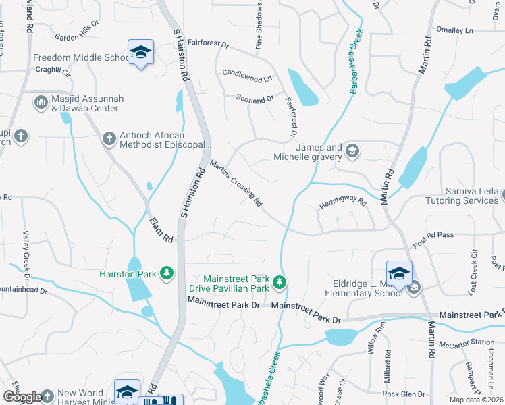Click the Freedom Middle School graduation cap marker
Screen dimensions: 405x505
(x=140, y=52)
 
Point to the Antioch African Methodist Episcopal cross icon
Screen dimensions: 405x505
(x=109, y=140)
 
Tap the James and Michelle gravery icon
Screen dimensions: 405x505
(x=352, y=152)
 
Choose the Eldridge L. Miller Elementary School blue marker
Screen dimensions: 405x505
(x=399, y=272)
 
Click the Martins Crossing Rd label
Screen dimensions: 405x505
(x=236, y=183)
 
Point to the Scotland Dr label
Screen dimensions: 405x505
(x=255, y=99)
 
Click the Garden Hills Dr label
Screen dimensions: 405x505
(x=76, y=38)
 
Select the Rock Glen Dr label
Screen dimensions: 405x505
(x=401, y=394)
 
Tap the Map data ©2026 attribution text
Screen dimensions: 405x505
(x=476, y=400)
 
